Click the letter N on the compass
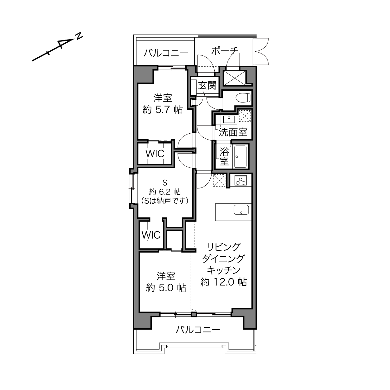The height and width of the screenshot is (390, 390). coord(79,36)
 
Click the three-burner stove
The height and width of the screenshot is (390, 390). coord(240,181)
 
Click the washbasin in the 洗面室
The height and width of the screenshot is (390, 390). coord(229,119)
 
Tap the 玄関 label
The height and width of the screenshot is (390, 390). coord(207,85)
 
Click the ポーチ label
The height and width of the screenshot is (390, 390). coord(224,51)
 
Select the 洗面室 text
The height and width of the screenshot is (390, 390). coord(233,132)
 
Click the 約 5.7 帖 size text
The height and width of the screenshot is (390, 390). coord(163,110)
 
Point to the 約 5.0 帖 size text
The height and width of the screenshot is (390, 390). coord(166,288)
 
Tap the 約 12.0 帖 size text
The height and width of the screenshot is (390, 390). coord(223,282)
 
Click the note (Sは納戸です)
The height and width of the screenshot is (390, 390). coord(165,201)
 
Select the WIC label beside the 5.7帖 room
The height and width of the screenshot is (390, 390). coord(155,154)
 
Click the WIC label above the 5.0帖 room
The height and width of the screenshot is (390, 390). coord(151,235)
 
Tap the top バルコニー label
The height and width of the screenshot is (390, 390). coord(166,53)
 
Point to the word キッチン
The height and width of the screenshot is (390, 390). coord(224,270)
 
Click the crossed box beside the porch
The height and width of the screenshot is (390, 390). coord(234,78)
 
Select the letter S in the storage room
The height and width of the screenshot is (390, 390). coord(165,183)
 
